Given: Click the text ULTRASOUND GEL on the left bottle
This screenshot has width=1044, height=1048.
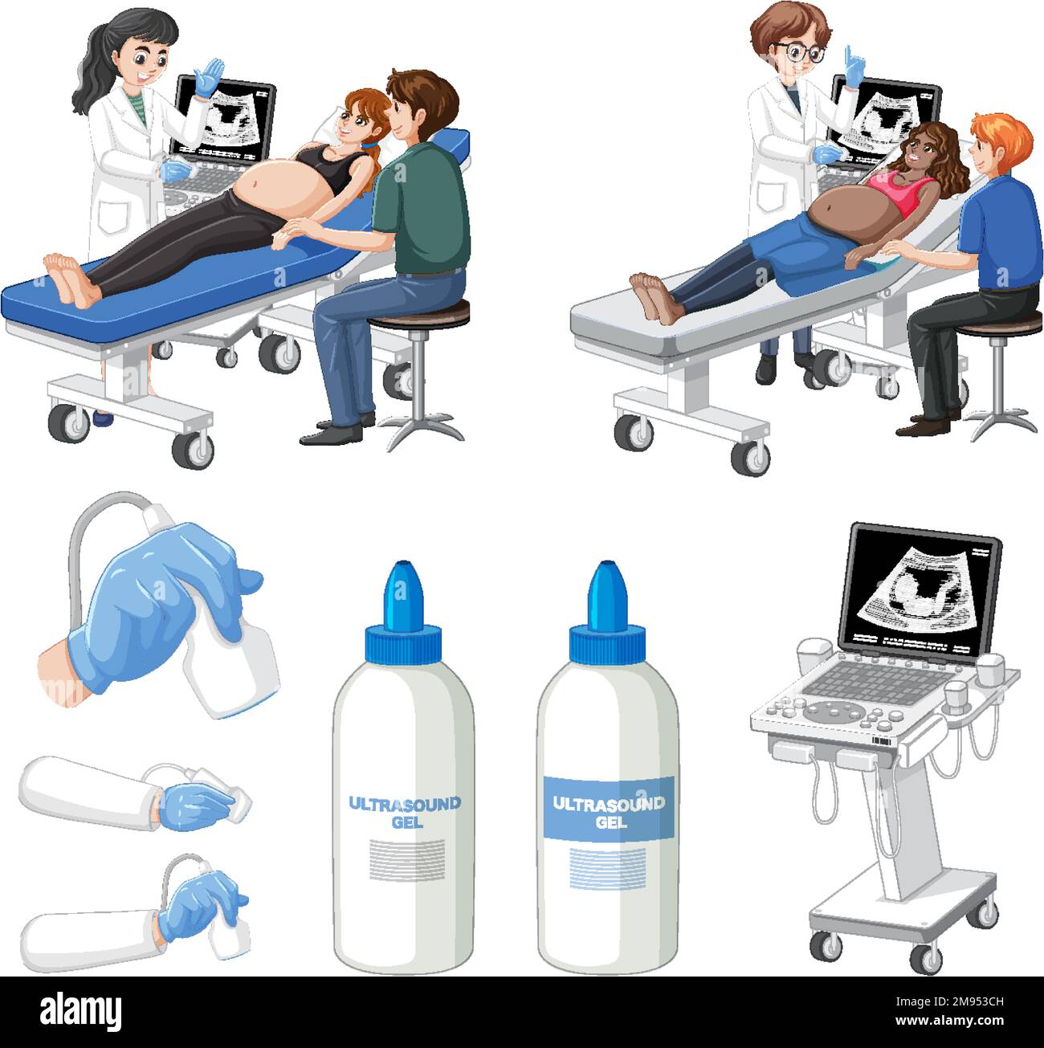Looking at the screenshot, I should coord(403,811).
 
